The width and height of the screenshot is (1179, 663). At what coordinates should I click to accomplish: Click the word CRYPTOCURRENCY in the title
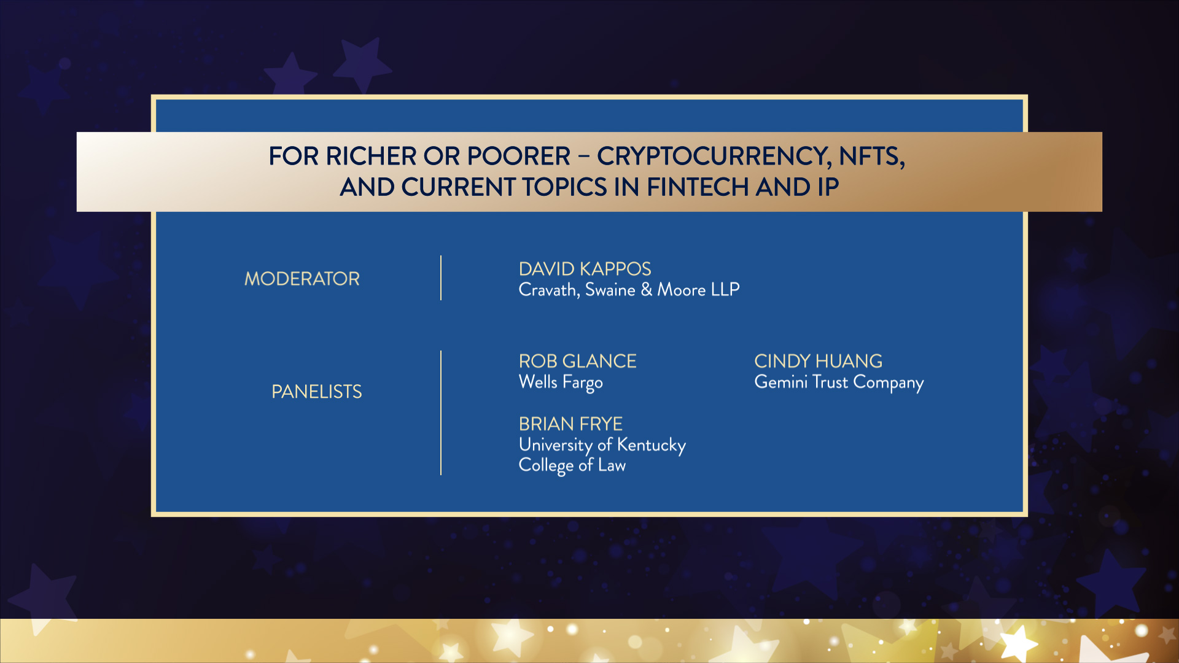click(x=713, y=157)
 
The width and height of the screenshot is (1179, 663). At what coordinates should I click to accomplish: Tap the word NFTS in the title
click(x=872, y=157)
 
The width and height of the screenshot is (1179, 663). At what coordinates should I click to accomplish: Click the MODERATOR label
click(x=302, y=279)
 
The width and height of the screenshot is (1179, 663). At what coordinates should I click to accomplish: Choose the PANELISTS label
click(x=317, y=392)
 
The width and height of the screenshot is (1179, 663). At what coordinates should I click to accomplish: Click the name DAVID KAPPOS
click(x=585, y=269)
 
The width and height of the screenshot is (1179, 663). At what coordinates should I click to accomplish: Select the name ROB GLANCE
click(x=577, y=361)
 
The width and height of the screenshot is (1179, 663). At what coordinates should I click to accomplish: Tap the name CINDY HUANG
click(x=818, y=361)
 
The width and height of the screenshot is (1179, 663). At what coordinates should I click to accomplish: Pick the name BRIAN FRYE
click(x=570, y=424)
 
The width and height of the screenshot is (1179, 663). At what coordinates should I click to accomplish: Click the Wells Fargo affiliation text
click(x=561, y=382)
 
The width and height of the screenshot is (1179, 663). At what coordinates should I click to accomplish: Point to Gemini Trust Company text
click(x=839, y=382)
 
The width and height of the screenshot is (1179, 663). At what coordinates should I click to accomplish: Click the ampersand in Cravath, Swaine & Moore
click(x=646, y=289)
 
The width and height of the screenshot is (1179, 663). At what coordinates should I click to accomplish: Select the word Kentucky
click(x=651, y=445)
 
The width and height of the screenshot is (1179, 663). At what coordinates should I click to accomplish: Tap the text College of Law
click(x=572, y=465)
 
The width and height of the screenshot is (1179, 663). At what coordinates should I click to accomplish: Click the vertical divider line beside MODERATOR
click(x=441, y=278)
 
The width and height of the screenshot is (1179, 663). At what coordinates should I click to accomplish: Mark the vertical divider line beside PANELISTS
click(x=441, y=413)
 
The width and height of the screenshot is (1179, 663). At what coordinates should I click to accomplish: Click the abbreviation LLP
click(x=725, y=289)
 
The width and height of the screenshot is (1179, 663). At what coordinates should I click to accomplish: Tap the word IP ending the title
click(x=828, y=187)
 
